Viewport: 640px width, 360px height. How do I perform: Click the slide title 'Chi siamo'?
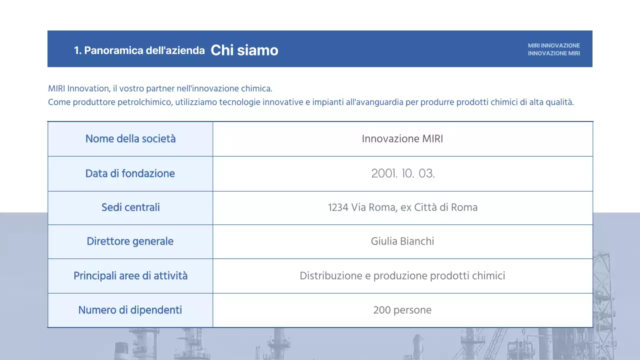pos(244,50)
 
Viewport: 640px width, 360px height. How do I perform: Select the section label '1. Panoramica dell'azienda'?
pos(139,50)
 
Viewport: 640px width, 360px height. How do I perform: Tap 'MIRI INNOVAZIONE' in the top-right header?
pos(553,45)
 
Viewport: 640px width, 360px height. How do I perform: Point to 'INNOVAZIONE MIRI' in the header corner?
pos(553,53)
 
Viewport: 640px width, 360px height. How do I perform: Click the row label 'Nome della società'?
pos(130,139)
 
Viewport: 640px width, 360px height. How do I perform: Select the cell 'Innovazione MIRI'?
pos(402,139)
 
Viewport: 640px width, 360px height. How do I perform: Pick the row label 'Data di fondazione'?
pos(130,173)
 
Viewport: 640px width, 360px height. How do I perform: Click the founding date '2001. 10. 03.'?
pos(402,174)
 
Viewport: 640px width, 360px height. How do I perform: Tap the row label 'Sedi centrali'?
pos(130,207)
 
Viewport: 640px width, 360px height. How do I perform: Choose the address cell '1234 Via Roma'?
pos(402,207)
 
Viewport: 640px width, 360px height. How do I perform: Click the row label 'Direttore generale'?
pos(130,241)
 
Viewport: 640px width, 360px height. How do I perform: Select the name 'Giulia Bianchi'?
pos(402,241)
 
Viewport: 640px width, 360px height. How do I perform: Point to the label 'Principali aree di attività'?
pos(130,275)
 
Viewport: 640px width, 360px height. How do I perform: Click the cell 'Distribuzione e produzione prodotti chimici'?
pos(402,275)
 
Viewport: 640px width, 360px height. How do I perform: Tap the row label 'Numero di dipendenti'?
pos(130,310)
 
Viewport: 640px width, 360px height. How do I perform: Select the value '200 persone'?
pos(402,310)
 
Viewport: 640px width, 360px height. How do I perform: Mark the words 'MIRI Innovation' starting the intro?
pos(78,88)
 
